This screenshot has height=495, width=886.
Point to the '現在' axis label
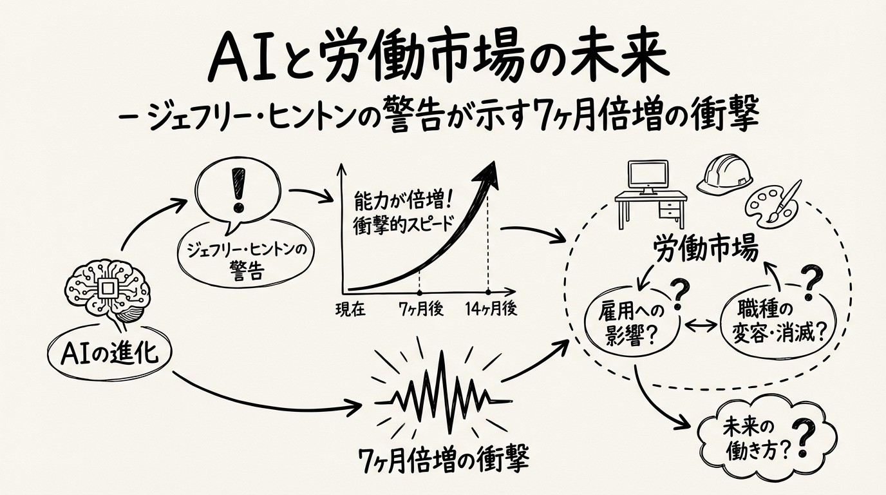(350, 309)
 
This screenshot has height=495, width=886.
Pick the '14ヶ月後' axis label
(491, 309)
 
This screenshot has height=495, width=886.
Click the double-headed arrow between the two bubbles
(702, 324)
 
